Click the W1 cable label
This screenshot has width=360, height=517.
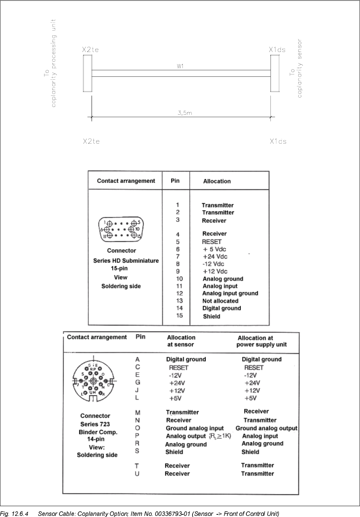180,66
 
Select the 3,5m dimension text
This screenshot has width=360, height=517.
185,113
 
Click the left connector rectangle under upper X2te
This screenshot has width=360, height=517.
87,73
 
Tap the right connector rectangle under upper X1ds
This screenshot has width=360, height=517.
275,73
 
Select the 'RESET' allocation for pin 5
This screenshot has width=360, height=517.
212,242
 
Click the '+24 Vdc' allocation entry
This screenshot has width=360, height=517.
215,257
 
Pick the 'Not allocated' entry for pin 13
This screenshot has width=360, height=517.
220,301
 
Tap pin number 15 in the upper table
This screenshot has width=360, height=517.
179,315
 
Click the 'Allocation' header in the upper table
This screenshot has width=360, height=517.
217,181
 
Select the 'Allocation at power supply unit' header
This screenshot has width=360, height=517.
261,341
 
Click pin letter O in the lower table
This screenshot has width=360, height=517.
138,428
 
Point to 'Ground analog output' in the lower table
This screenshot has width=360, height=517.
266,428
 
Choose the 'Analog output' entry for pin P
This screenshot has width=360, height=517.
186,436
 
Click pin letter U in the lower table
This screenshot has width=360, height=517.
137,474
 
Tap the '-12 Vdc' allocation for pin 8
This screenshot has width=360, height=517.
213,264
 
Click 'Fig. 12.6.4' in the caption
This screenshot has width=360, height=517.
14,514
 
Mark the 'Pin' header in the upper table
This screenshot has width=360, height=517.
175,181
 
